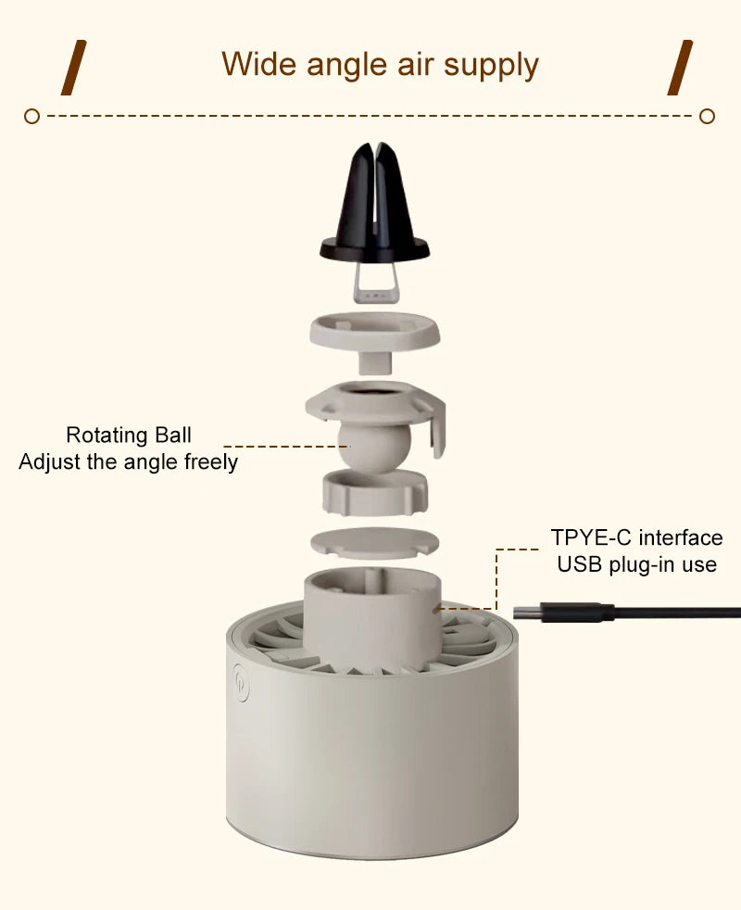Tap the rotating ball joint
point(374,447)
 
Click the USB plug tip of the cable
point(527,613)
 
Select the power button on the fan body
point(241,682)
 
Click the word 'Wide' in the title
point(258,64)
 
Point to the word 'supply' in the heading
point(491,66)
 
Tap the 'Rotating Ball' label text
point(128,435)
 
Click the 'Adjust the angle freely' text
point(128,462)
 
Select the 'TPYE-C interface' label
point(636,537)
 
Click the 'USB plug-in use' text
point(636,564)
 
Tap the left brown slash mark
point(74,68)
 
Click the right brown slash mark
point(680,68)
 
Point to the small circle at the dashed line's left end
point(31,116)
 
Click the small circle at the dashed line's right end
point(707,116)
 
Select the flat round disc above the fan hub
point(374,543)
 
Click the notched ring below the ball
point(375,493)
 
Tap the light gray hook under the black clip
point(376,284)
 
